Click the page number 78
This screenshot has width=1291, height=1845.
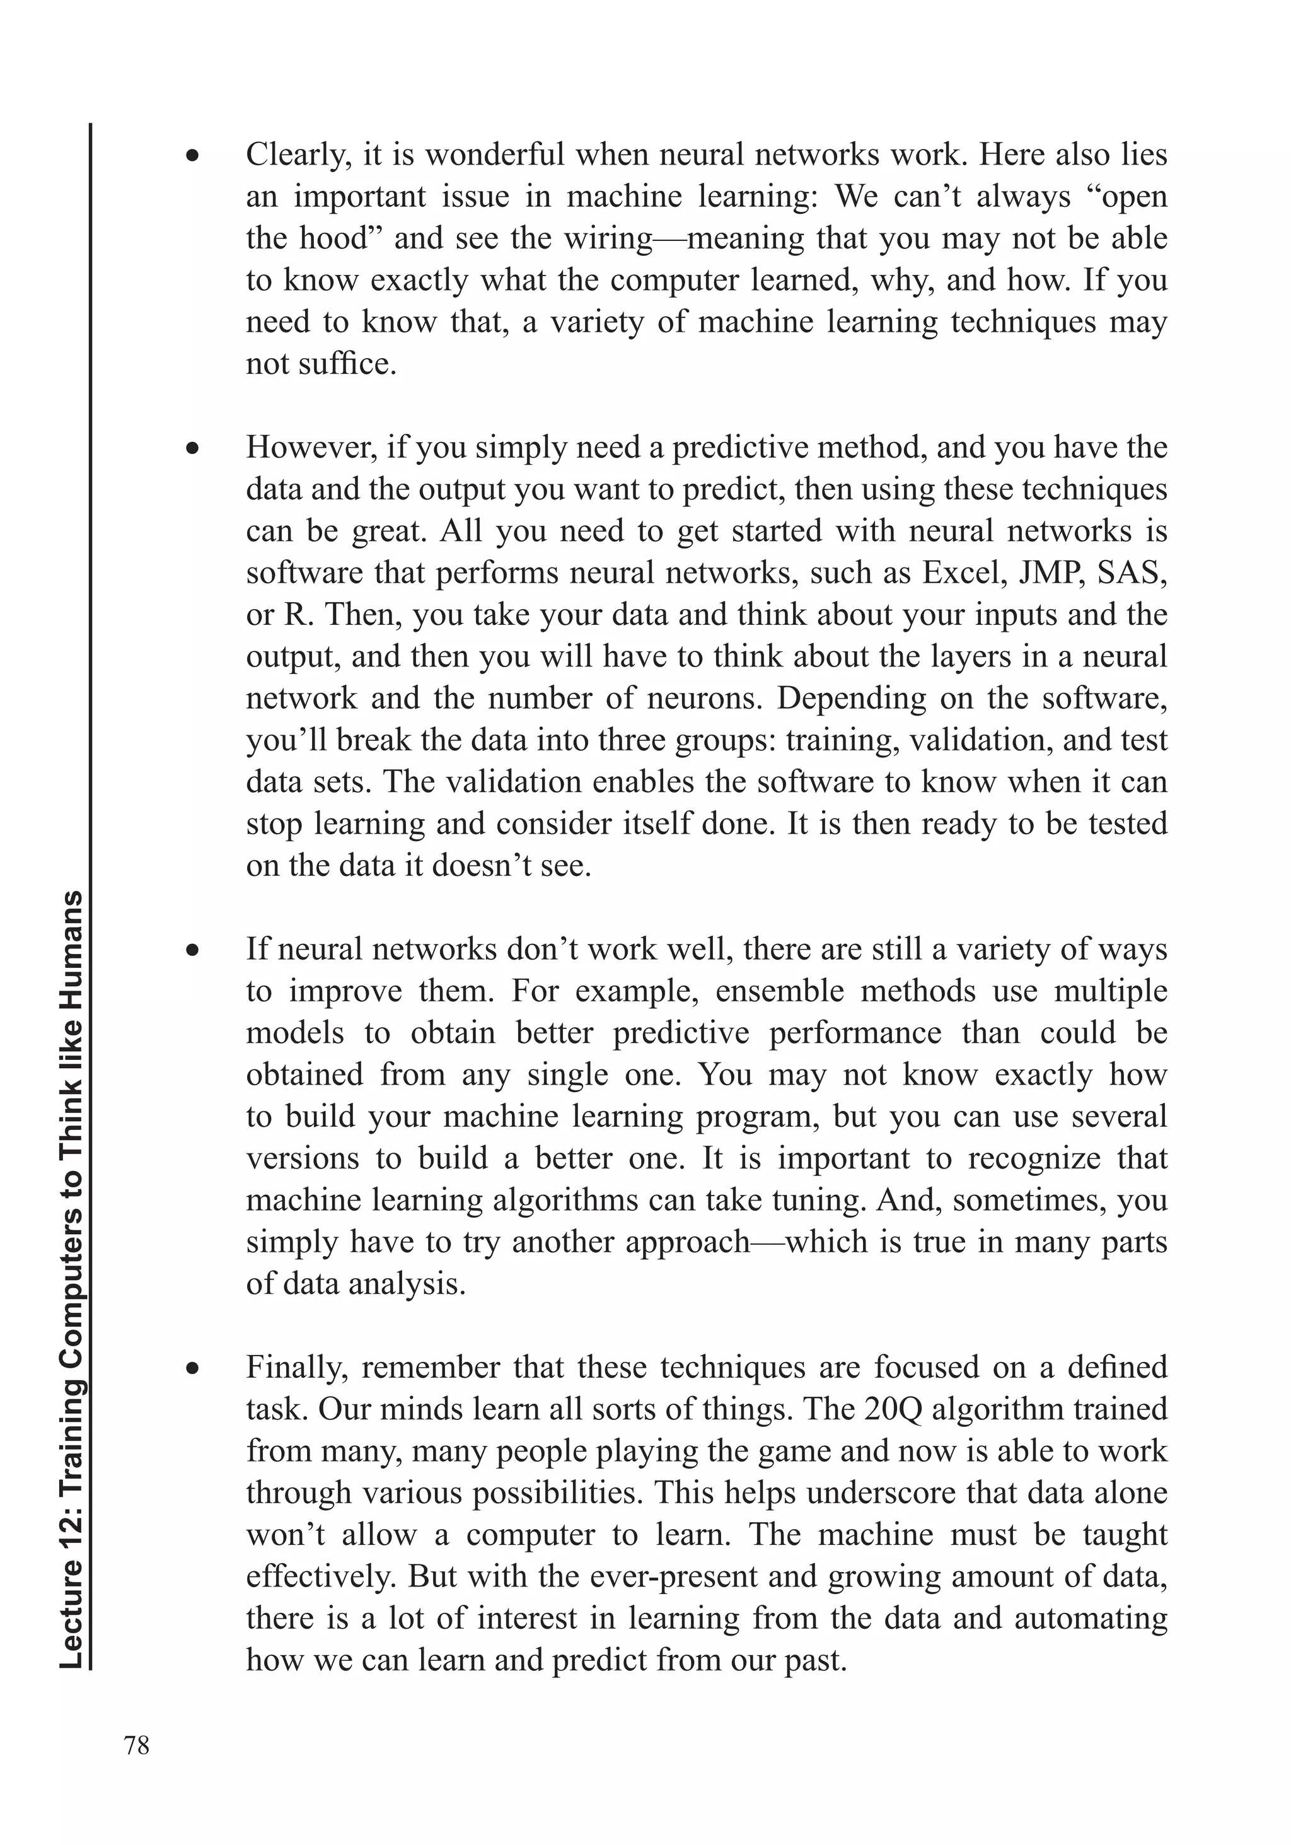137,1745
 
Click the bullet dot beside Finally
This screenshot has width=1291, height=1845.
192,1368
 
